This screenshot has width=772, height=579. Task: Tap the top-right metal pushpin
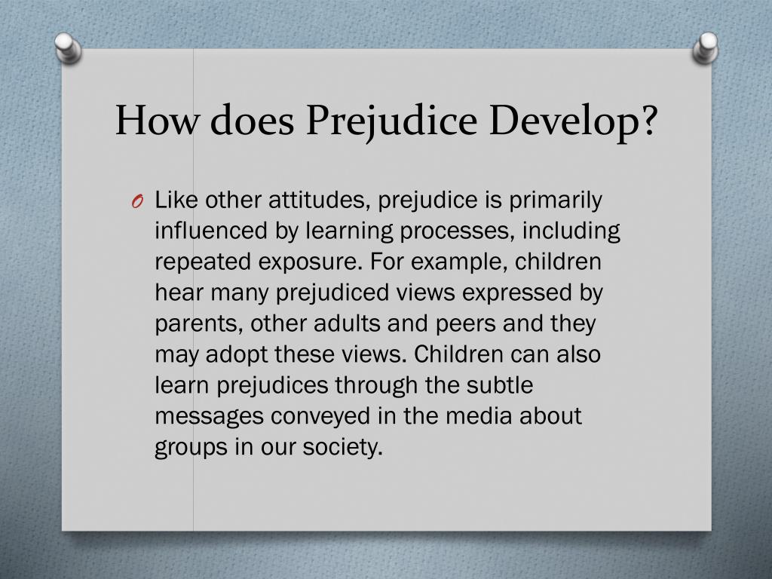(705, 47)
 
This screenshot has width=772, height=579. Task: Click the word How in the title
(155, 121)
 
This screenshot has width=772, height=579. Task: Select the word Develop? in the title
(574, 121)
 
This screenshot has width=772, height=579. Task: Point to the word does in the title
(253, 121)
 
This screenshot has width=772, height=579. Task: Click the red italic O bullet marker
(136, 201)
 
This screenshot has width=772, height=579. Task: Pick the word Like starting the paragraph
(176, 200)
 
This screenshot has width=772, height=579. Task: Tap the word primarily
(556, 200)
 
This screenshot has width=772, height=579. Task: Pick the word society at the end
(342, 447)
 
